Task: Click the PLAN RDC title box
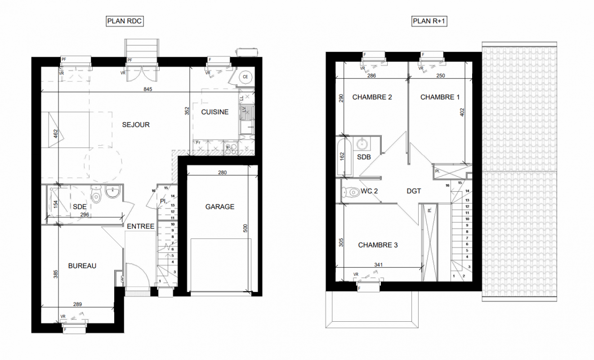click(x=125, y=21)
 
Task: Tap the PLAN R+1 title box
click(x=429, y=21)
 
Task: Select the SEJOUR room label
click(x=136, y=125)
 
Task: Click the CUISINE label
click(x=215, y=112)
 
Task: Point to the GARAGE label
click(x=220, y=207)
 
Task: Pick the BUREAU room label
click(x=82, y=266)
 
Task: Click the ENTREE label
click(x=141, y=226)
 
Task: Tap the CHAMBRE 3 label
click(x=378, y=245)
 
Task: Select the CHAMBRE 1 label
click(x=440, y=97)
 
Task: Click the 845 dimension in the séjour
click(x=148, y=89)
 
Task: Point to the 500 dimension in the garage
click(x=246, y=228)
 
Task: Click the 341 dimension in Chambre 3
click(x=379, y=265)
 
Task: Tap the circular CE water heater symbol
click(x=246, y=77)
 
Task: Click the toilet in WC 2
click(x=350, y=192)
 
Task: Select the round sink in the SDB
click(x=362, y=144)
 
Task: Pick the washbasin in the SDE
click(x=113, y=191)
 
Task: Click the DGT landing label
click(x=414, y=191)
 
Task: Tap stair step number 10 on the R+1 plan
click(x=467, y=219)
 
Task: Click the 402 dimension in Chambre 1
click(x=462, y=112)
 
